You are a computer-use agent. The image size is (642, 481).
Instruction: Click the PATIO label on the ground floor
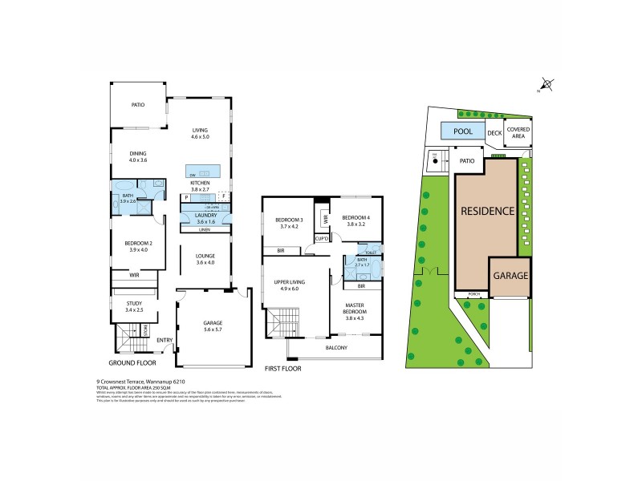tap(139, 104)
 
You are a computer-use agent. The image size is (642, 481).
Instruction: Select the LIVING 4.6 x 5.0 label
tap(200, 134)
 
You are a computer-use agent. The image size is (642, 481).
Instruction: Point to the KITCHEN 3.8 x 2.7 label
tap(200, 186)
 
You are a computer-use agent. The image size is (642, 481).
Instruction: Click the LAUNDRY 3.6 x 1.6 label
tap(201, 216)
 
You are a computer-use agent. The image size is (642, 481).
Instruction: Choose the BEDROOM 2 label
tap(139, 245)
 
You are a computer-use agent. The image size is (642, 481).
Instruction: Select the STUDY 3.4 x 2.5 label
tap(133, 305)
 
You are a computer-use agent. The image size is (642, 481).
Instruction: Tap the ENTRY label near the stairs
tap(165, 340)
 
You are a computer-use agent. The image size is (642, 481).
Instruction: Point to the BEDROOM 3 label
tap(289, 223)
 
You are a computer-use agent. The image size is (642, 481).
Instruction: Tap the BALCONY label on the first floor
tap(337, 347)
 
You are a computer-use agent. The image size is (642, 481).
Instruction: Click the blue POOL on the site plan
tap(462, 131)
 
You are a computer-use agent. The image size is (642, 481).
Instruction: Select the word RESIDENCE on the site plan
tap(486, 212)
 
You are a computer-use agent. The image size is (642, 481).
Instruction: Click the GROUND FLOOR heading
tap(133, 362)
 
